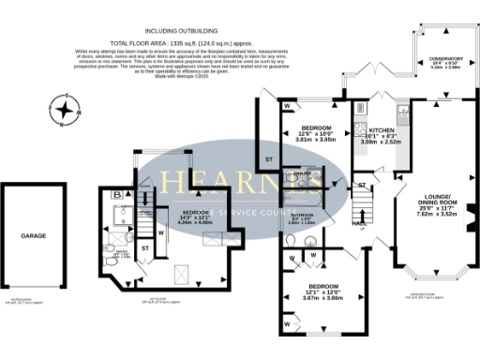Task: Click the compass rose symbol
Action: coord(64,111)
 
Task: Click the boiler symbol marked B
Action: coord(115,196)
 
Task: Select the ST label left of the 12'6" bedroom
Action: coord(268,158)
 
